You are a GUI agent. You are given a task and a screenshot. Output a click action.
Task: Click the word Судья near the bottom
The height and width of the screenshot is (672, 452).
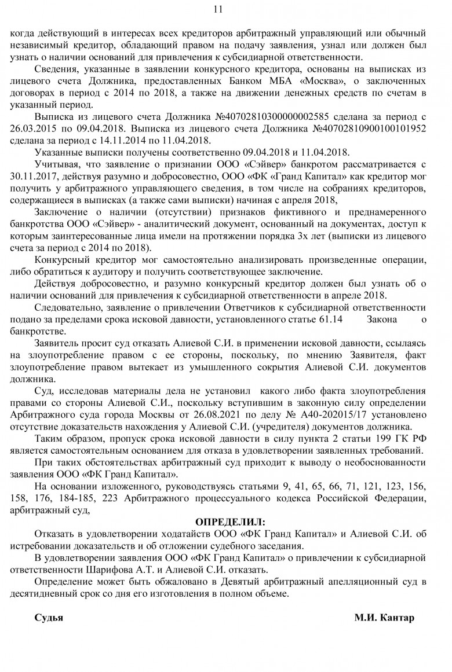coord(49,617)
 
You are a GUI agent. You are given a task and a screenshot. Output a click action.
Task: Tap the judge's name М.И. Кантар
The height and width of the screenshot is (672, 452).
coord(384,617)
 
